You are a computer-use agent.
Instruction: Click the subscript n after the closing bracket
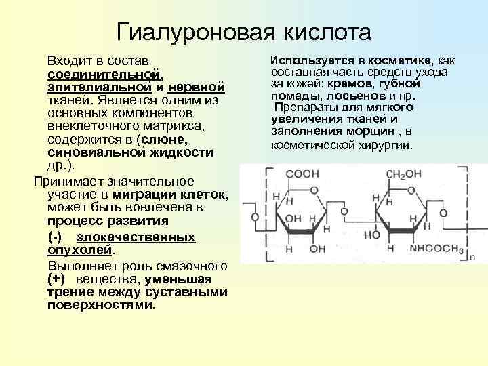pos(472,256)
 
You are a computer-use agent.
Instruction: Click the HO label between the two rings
pos(371,235)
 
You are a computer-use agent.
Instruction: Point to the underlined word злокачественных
pos(136,237)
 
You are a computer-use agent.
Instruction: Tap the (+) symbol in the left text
pos(57,279)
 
